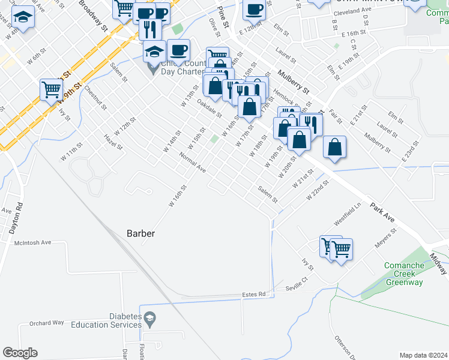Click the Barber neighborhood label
click(141, 233)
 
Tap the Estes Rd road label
click(253, 295)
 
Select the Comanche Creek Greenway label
click(404, 274)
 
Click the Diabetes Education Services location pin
click(150, 317)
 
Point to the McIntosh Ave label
click(33, 243)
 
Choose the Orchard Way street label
click(46, 323)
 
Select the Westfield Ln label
click(348, 213)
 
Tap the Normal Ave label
click(192, 162)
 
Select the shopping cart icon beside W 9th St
click(52, 89)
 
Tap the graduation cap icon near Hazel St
click(23, 18)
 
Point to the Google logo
click(20, 353)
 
